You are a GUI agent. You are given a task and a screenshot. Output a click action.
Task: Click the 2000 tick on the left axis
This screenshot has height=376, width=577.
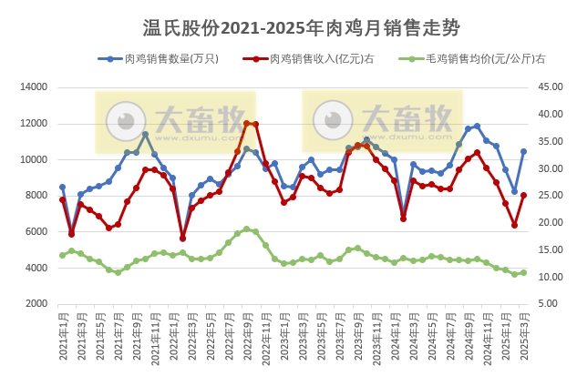click(x=33, y=304)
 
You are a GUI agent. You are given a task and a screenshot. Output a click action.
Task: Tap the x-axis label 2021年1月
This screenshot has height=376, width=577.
click(x=62, y=337)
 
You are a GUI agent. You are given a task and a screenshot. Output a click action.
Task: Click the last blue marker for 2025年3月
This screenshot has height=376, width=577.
click(x=523, y=152)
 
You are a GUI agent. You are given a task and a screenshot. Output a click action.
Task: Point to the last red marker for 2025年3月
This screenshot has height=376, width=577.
click(x=523, y=195)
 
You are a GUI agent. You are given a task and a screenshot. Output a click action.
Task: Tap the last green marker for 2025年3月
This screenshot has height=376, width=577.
click(x=523, y=272)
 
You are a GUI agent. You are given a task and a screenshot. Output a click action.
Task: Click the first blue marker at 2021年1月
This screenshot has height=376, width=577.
click(x=62, y=187)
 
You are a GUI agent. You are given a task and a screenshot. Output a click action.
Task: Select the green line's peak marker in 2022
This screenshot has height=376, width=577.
click(x=247, y=229)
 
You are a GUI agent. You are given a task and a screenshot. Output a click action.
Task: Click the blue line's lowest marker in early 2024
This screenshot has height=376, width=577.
click(x=404, y=212)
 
